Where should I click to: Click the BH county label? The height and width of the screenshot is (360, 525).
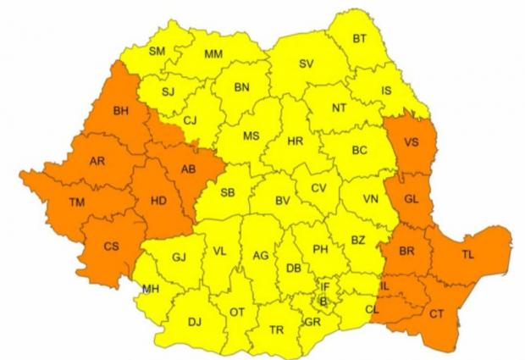coord(121,111)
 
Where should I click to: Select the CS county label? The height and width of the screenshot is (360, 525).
coord(110,246)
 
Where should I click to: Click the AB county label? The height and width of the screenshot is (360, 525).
coord(188,167)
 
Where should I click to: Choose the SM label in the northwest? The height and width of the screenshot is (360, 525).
coord(157,51)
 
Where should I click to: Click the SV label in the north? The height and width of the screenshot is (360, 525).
coord(307,64)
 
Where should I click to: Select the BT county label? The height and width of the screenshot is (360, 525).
coord(360,38)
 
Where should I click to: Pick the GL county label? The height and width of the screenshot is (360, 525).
coord(412,199)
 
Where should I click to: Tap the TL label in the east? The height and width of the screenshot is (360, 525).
coord(467,254)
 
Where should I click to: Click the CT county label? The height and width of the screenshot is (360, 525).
coord(436,313)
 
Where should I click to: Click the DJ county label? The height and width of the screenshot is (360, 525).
coord(194,321)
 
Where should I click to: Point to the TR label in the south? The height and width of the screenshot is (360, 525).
coord(275,330)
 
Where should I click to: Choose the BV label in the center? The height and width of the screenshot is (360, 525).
coord(282,201)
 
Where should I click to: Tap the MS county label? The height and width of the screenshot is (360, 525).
coord(251,136)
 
